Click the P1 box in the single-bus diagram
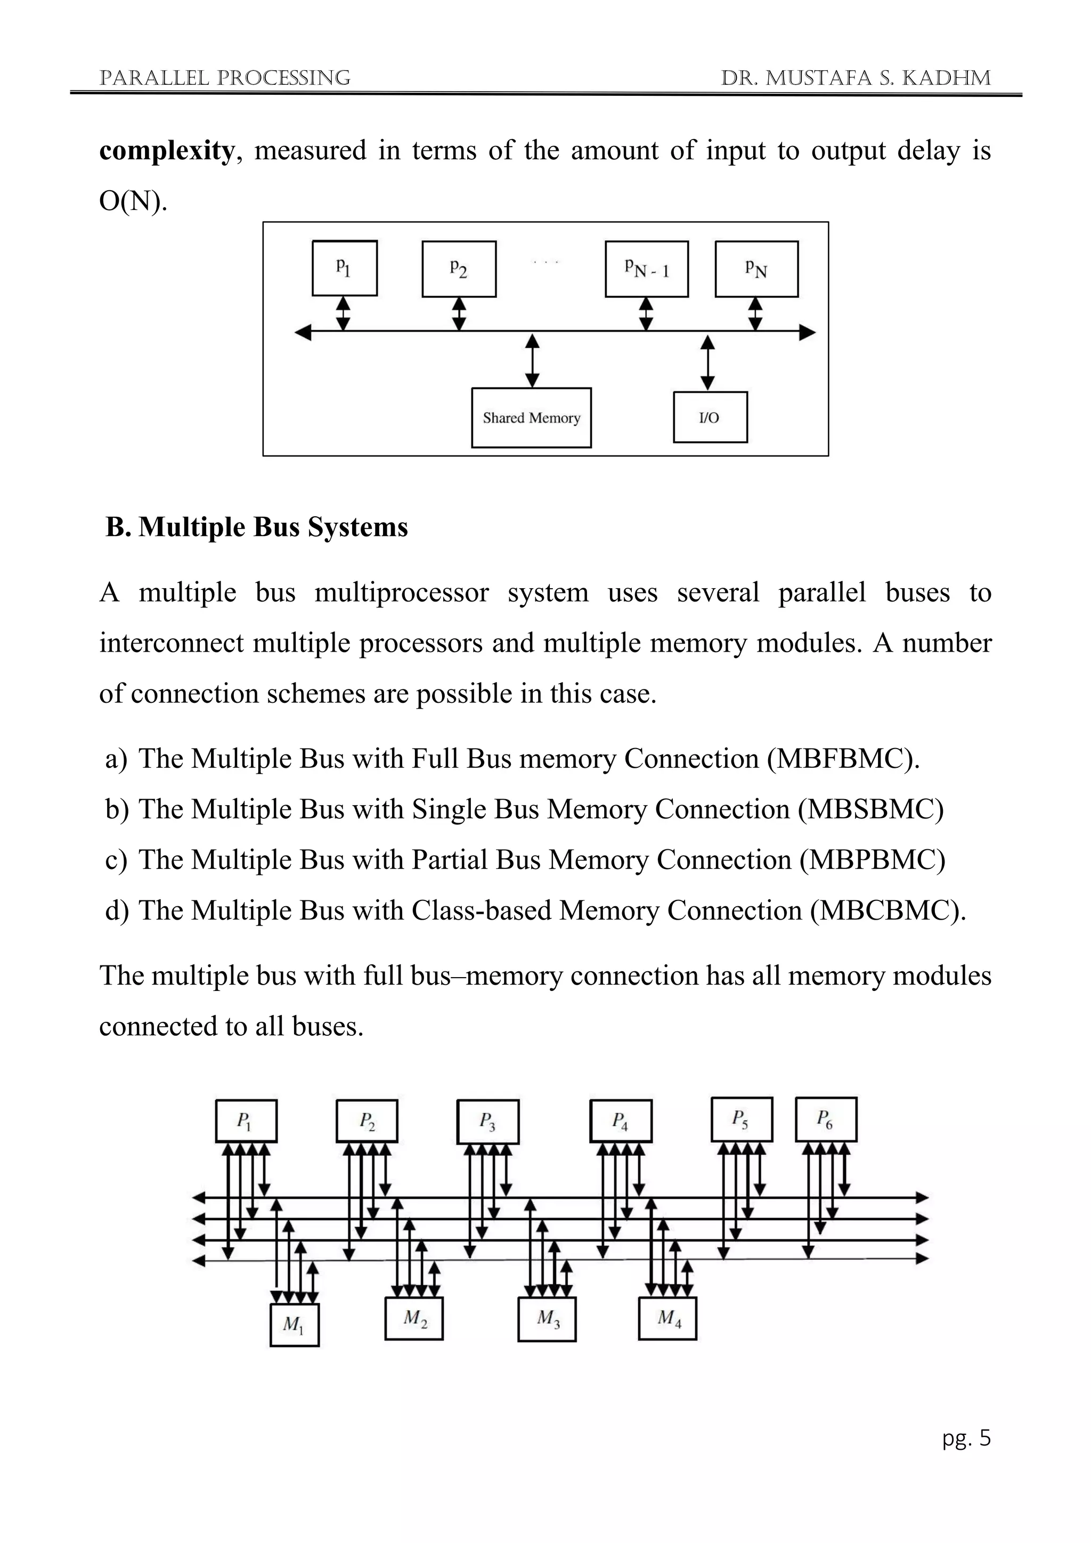(x=345, y=268)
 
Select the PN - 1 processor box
(x=646, y=269)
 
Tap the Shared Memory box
(x=532, y=418)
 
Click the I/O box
(x=710, y=417)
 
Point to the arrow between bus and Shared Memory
(x=532, y=361)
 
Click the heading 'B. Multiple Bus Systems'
(x=257, y=527)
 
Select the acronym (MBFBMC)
(x=843, y=759)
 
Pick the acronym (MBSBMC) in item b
(x=870, y=809)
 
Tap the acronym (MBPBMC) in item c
(x=872, y=859)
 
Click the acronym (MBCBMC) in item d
(x=888, y=911)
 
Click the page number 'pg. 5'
(x=966, y=1438)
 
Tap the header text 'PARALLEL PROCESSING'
(x=225, y=78)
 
